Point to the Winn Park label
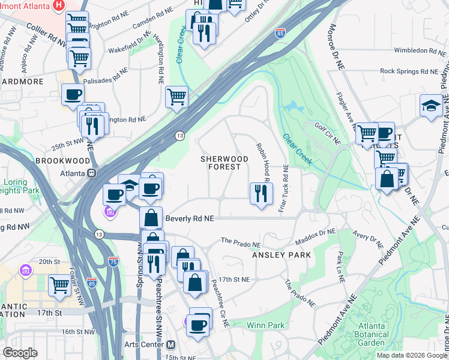pyautogui.click(x=265, y=326)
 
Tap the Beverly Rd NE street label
pyautogui.click(x=190, y=219)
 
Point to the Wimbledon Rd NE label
pyautogui.click(x=417, y=51)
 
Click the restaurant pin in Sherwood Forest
pyautogui.click(x=259, y=194)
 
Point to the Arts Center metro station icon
pyautogui.click(x=171, y=345)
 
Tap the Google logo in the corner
pyautogui.click(x=20, y=353)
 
